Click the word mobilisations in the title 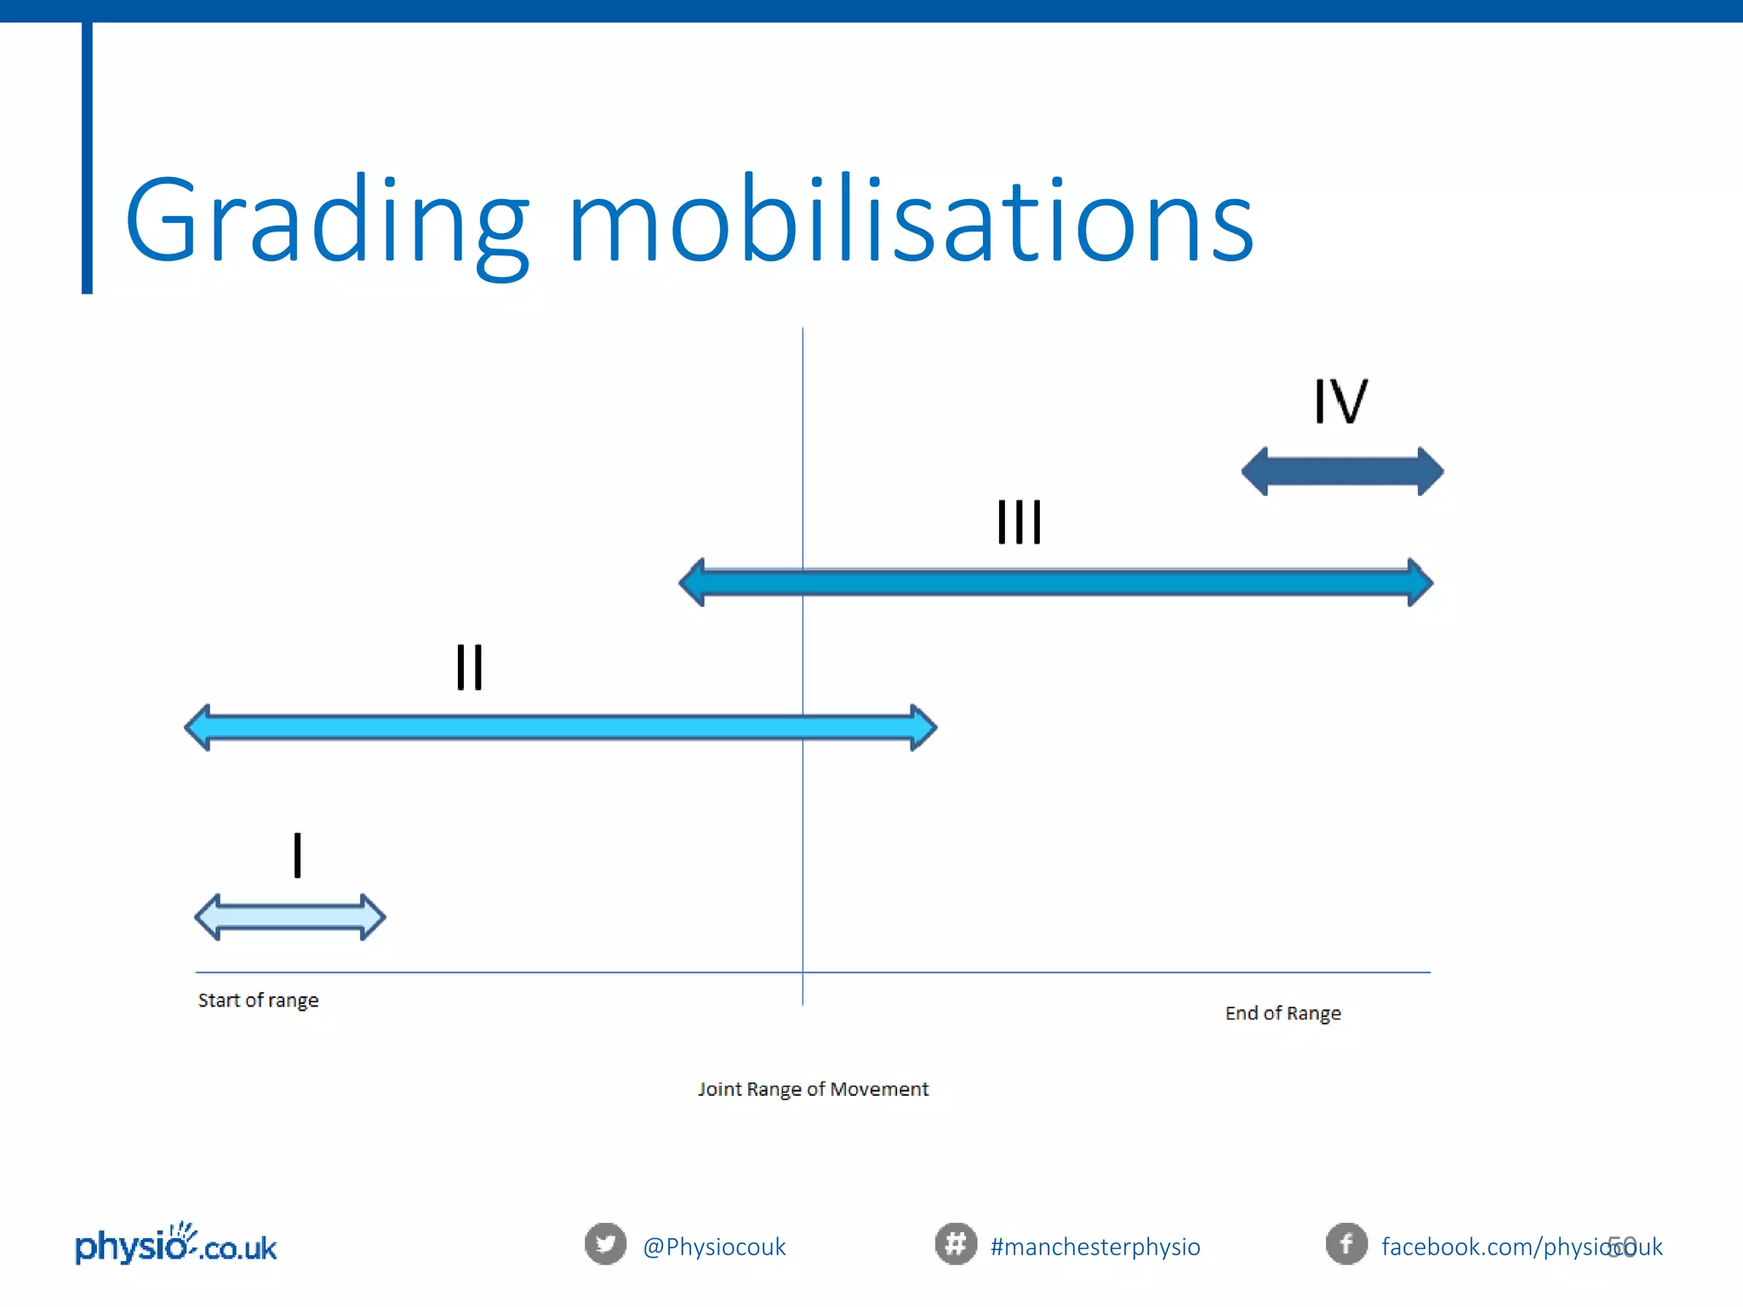point(911,220)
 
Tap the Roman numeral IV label point(1340,402)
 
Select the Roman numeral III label point(1019,522)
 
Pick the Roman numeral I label point(297,855)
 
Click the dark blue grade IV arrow point(1342,471)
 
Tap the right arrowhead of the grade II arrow point(923,728)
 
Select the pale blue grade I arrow point(290,917)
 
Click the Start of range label point(258,1001)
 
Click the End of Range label point(1283,1013)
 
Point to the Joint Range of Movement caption point(813,1089)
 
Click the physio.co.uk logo point(176,1246)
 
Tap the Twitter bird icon point(605,1244)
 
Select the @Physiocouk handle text point(714,1247)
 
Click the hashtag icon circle point(955,1244)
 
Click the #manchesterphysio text point(1095,1247)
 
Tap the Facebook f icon point(1346,1244)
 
